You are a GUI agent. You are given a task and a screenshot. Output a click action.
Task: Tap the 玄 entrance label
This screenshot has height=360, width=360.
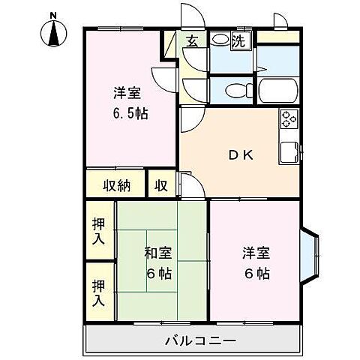click(191, 41)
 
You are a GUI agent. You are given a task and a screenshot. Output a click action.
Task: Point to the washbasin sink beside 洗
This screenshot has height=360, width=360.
click(220, 40)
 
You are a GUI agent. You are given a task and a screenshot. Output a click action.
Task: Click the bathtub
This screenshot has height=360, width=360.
click(280, 91)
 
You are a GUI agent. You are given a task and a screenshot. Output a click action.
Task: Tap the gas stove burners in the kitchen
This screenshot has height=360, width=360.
click(289, 118)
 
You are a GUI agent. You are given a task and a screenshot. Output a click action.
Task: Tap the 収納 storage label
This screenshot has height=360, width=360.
click(118, 184)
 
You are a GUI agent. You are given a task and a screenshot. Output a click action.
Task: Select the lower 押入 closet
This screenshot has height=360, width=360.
click(99, 292)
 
